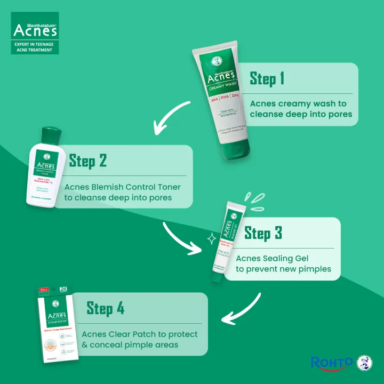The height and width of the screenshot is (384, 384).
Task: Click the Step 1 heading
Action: pyautogui.click(x=267, y=79)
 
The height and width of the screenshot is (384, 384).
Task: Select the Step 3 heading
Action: pyautogui.click(x=263, y=233)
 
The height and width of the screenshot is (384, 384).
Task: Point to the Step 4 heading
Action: pyautogui.click(x=106, y=308)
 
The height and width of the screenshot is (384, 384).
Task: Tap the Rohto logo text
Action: pyautogui.click(x=331, y=363)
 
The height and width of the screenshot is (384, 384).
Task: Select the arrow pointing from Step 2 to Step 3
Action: pyautogui.click(x=184, y=237)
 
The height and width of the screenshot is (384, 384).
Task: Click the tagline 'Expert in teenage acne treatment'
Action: pyautogui.click(x=35, y=47)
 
